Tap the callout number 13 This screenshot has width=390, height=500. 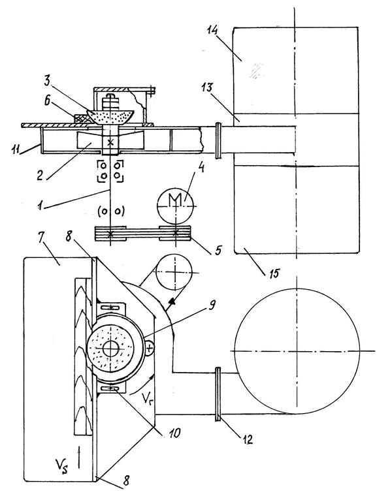tap(207, 87)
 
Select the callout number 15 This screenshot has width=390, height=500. tap(274, 273)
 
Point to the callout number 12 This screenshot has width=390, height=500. tap(248, 439)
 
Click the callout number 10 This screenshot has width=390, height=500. tap(175, 433)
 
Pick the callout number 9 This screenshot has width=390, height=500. tap(212, 305)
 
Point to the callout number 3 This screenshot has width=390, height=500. tap(47, 82)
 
